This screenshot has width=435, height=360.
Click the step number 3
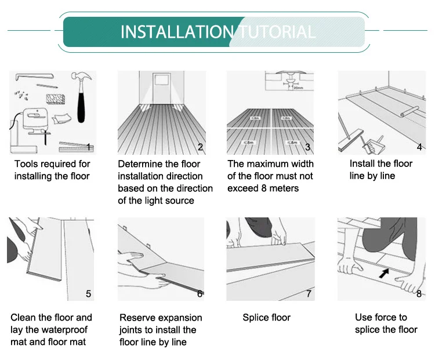pos(308,147)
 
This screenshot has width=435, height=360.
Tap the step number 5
pos(88,294)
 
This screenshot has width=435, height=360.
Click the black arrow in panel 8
pos(384,272)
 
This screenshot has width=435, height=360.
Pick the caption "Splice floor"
pos(266,318)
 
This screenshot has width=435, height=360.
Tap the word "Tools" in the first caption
pos(26,164)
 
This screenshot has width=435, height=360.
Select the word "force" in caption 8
pos(394,318)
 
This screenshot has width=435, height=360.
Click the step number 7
pos(309,294)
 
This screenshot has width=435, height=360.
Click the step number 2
pos(200,147)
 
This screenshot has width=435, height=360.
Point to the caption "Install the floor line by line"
pos(380,170)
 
